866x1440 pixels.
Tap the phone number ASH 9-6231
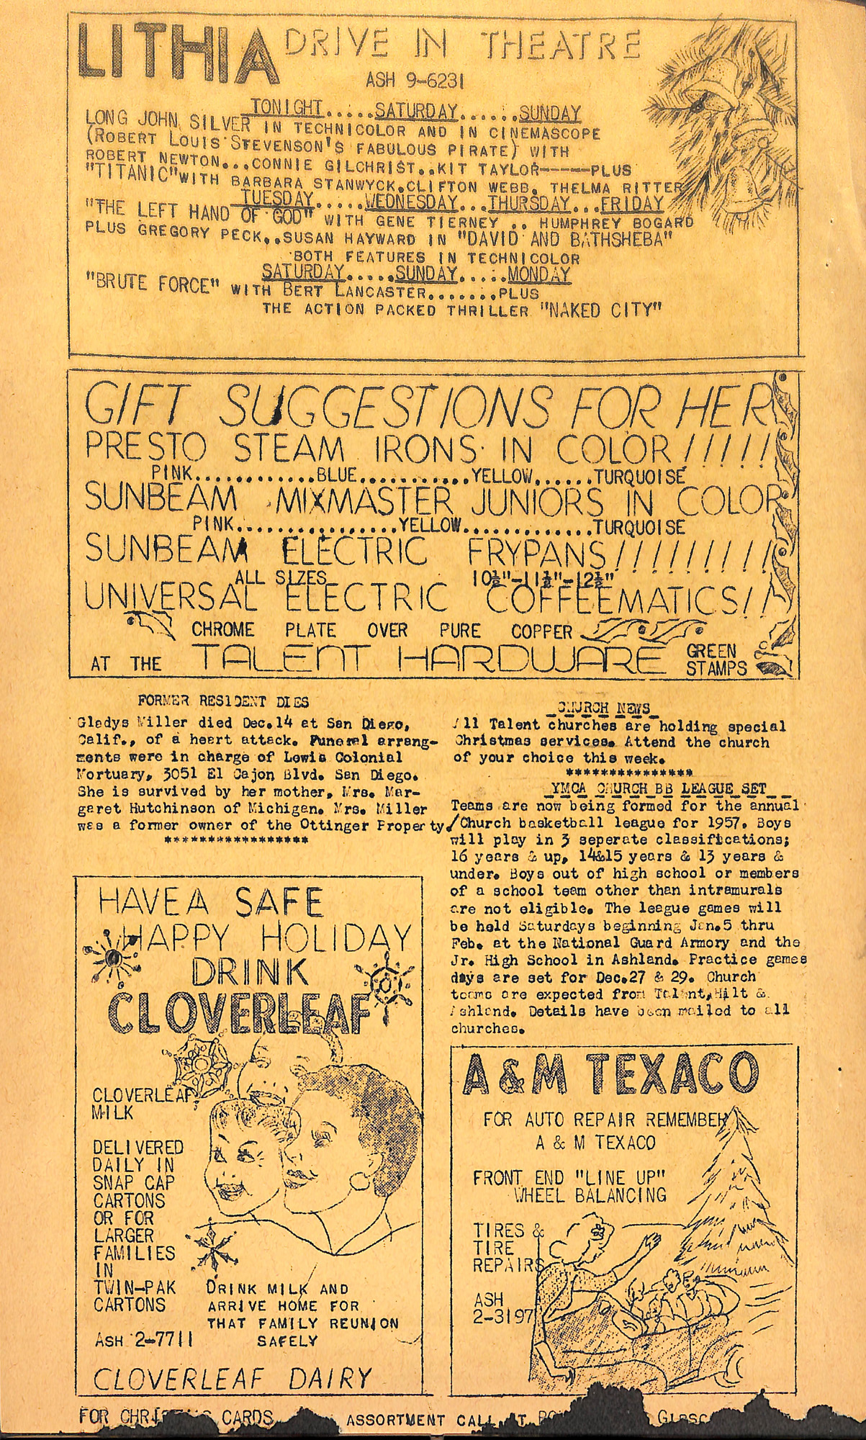(x=414, y=81)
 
